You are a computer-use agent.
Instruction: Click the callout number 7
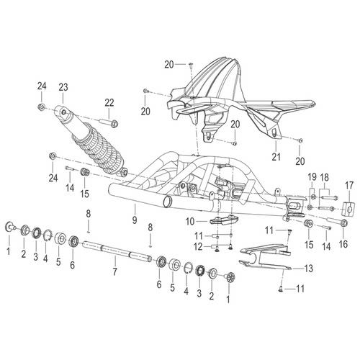pos(115,271)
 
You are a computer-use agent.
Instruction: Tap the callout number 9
pos(135,220)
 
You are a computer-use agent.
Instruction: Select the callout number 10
pos(190,222)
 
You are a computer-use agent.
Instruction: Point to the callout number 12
pos(198,247)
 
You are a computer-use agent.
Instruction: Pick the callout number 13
pos(309,268)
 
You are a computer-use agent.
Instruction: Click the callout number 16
pos(343,244)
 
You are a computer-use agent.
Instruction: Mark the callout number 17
pos(349,185)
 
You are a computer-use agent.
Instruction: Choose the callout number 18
pos(325,178)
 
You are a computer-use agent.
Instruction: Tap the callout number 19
pos(312,178)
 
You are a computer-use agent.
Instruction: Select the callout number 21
pos(276,157)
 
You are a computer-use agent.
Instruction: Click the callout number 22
pos(109,103)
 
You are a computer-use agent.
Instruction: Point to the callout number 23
pos(63,87)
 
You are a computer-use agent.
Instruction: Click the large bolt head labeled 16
pos(343,223)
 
